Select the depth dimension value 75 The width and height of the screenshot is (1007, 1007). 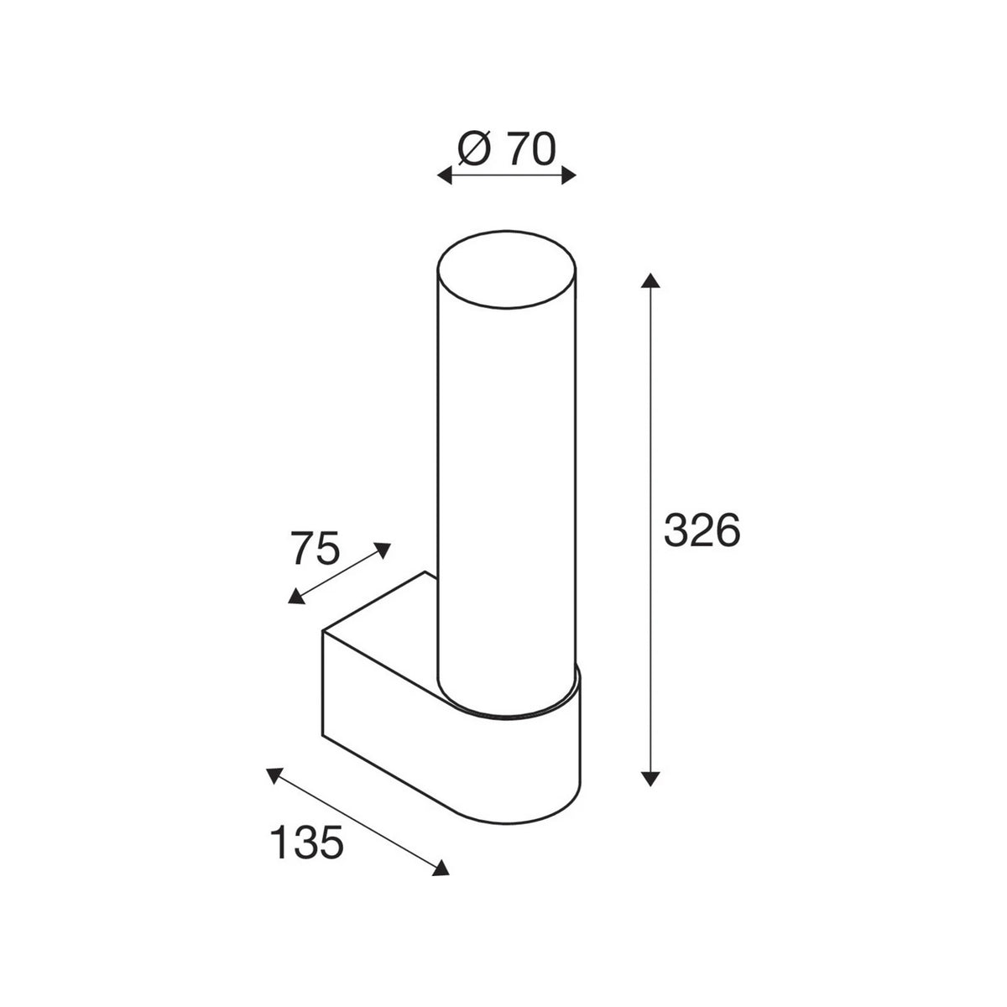coord(316,548)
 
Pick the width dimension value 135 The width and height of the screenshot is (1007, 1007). coord(307,843)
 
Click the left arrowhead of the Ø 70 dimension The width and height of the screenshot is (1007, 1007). coord(444,175)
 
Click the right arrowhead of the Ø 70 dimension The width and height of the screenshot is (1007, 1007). coord(569,175)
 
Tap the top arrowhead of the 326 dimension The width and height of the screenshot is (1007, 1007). coord(650,280)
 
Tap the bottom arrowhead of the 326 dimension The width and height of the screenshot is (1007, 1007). coord(650,778)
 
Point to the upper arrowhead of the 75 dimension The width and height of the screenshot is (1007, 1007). coord(383,549)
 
